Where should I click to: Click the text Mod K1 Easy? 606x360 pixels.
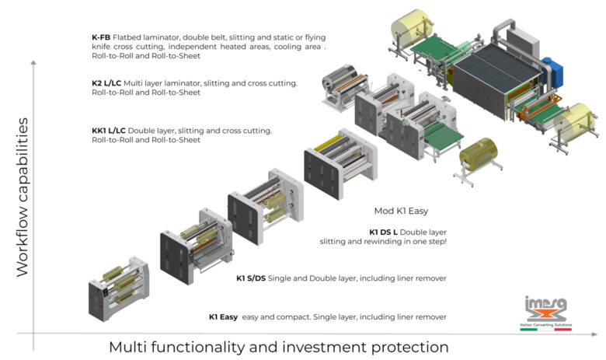pyautogui.click(x=401, y=211)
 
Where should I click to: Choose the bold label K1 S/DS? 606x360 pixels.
pyautogui.click(x=251, y=278)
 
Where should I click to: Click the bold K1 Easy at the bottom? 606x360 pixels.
pyautogui.click(x=223, y=317)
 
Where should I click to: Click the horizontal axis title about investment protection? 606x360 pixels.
pyautogui.click(x=278, y=346)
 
